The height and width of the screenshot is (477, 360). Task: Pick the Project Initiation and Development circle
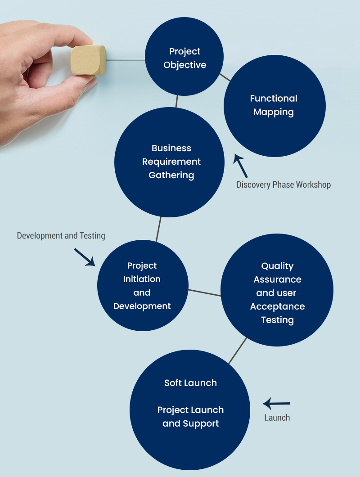(143, 286)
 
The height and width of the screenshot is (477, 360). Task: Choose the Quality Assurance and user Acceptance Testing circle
(277, 290)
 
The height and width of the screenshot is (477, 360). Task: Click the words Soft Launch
(190, 383)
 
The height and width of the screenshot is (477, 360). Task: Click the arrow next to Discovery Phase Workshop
(241, 165)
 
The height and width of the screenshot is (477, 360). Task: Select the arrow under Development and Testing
(85, 257)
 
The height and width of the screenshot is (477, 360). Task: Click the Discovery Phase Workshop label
(283, 185)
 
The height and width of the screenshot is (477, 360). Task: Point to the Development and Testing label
(61, 236)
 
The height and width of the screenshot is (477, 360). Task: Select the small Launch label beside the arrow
(277, 418)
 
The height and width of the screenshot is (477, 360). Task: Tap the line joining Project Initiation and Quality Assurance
(204, 292)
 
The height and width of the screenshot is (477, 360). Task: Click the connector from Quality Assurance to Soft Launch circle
(238, 351)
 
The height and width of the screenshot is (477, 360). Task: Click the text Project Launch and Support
(190, 417)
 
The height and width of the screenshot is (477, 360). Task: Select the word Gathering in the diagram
(171, 175)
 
